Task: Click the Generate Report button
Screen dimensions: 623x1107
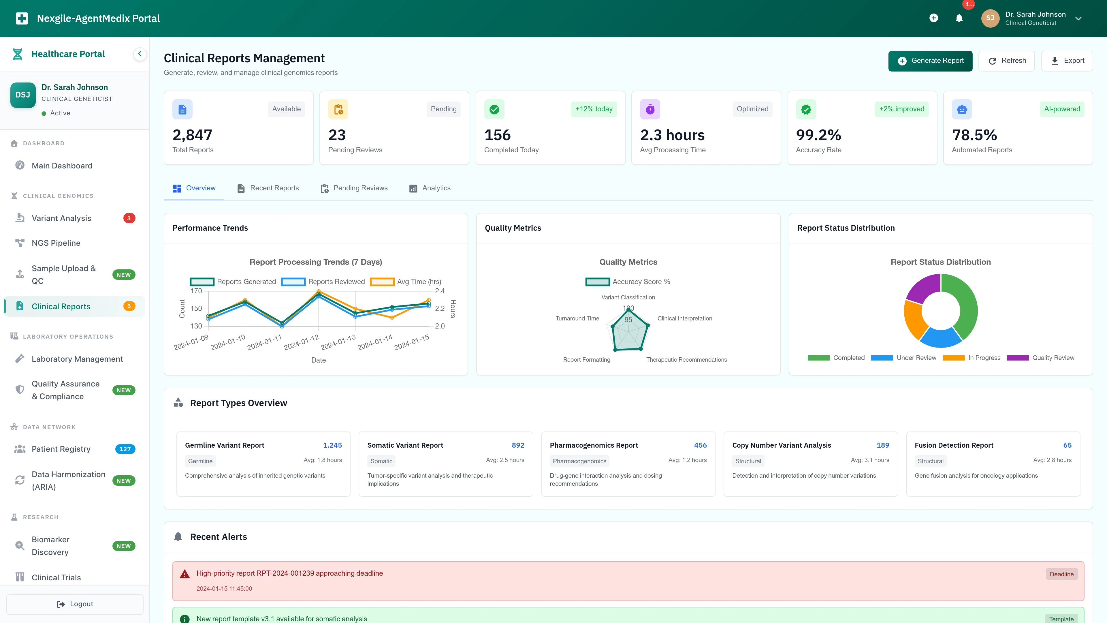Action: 930,61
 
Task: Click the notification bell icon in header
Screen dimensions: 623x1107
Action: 959,18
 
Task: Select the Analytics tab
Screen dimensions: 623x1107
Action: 430,188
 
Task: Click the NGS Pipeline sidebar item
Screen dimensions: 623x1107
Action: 56,243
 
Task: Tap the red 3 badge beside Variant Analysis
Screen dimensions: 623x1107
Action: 129,218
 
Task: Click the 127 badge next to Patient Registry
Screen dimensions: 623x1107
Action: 125,449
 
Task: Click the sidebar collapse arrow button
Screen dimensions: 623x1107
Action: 140,54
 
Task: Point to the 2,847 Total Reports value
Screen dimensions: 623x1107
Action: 192,135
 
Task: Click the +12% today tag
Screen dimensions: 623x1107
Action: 594,109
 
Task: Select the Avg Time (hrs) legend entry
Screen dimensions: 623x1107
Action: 406,282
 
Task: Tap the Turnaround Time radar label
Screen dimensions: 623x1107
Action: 577,318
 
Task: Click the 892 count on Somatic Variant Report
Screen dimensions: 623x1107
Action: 518,445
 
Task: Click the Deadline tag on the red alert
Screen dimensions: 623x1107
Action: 1061,574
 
